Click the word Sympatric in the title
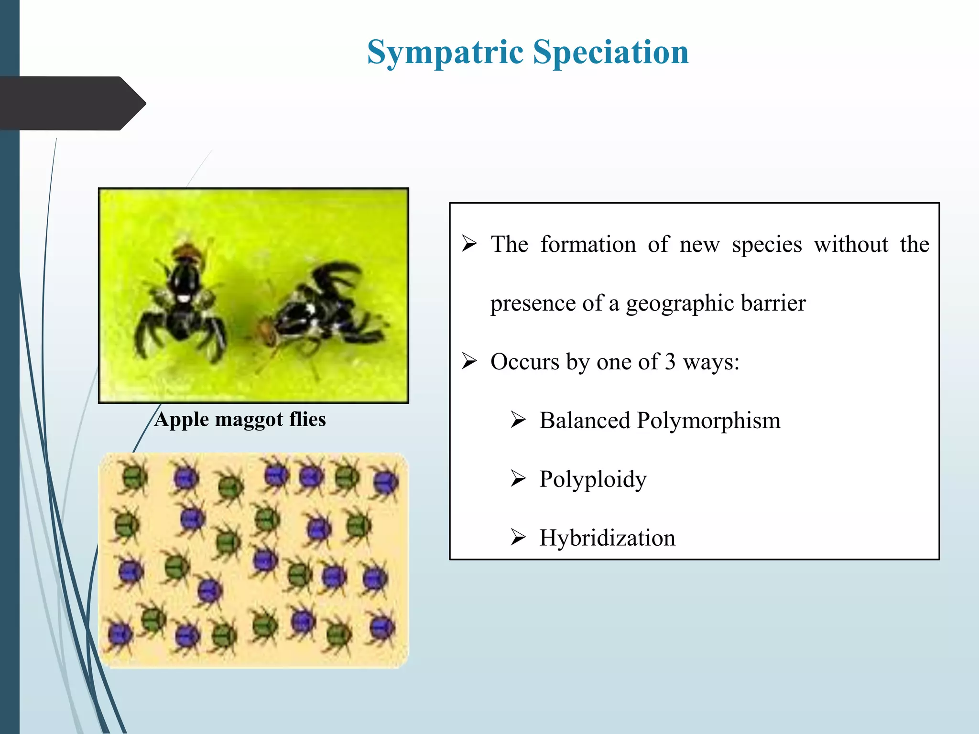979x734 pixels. [445, 53]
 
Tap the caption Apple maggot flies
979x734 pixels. [240, 420]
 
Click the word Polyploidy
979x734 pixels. [593, 479]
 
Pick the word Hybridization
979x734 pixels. [607, 538]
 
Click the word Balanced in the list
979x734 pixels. [585, 421]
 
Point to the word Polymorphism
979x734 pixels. [708, 421]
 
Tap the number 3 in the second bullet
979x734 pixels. [670, 362]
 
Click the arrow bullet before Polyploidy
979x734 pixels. [518, 478]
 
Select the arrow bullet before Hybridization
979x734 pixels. [518, 537]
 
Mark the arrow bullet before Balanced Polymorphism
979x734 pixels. [518, 420]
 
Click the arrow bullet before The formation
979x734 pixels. [469, 244]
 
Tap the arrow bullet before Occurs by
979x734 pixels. [469, 361]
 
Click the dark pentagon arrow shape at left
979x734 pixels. [72, 103]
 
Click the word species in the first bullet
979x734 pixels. [767, 245]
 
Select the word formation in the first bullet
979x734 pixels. [588, 244]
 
